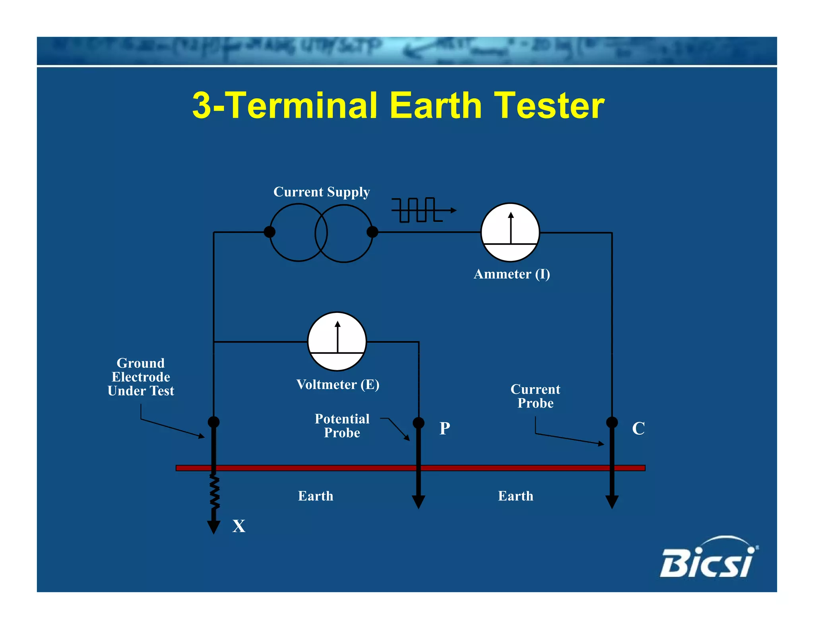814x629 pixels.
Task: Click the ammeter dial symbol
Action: click(x=510, y=233)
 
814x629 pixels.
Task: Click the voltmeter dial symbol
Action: click(x=337, y=342)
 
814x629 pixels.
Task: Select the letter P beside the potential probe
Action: click(x=445, y=428)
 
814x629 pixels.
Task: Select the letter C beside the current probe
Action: click(x=638, y=428)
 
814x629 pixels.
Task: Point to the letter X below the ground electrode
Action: click(x=239, y=526)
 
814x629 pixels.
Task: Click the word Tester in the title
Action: click(x=549, y=106)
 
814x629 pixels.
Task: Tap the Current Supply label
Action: click(x=322, y=192)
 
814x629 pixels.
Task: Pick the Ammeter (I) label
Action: click(x=512, y=274)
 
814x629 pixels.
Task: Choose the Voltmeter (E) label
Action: click(x=338, y=384)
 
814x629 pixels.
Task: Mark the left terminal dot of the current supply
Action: click(x=269, y=232)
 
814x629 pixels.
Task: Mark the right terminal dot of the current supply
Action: click(x=372, y=232)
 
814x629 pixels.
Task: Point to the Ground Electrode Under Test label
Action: click(x=141, y=377)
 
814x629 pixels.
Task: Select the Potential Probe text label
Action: click(x=342, y=426)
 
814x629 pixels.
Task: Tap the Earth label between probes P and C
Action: click(x=516, y=496)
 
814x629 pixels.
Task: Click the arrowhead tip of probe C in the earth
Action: click(x=612, y=505)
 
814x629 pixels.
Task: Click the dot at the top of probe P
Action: click(x=419, y=423)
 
